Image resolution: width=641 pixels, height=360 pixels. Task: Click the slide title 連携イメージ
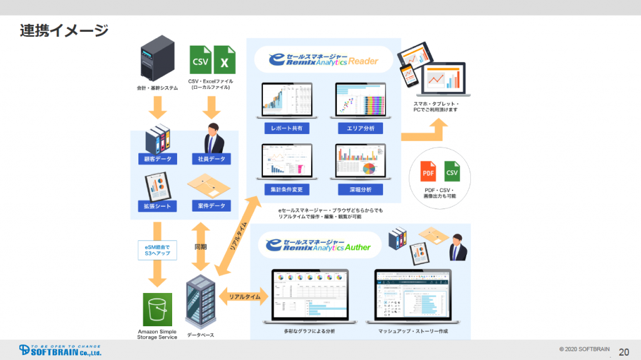pyautogui.click(x=64, y=29)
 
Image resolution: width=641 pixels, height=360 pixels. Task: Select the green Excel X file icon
pyautogui.click(x=223, y=61)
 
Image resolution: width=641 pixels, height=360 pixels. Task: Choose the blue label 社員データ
pyautogui.click(x=211, y=159)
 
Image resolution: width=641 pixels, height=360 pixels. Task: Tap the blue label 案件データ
pyautogui.click(x=211, y=205)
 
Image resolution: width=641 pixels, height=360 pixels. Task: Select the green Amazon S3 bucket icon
pyautogui.click(x=157, y=309)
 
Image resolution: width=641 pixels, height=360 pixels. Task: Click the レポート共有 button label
pyautogui.click(x=287, y=128)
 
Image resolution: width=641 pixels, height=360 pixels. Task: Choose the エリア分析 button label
pyautogui.click(x=360, y=128)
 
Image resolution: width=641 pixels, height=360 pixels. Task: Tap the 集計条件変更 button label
pyautogui.click(x=287, y=189)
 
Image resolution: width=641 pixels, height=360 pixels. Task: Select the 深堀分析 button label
pyautogui.click(x=360, y=189)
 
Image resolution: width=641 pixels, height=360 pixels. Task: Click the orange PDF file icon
pyautogui.click(x=428, y=171)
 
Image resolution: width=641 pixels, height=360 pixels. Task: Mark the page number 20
pyautogui.click(x=623, y=351)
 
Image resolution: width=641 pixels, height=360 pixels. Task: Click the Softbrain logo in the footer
pyautogui.click(x=59, y=349)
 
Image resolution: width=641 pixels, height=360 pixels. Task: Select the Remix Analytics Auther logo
pyautogui.click(x=319, y=244)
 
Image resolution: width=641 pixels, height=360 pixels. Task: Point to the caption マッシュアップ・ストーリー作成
pyautogui.click(x=413, y=331)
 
